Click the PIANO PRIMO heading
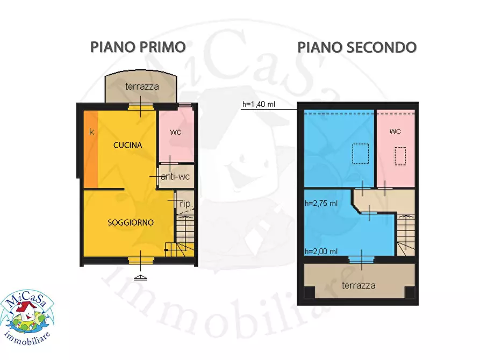[x=138, y=47]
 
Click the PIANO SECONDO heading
[x=357, y=47]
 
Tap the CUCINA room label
[x=127, y=145]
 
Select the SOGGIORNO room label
[x=131, y=222]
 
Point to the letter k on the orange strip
[x=91, y=131]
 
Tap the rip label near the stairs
[x=185, y=204]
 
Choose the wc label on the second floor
[x=395, y=131]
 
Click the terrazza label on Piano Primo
[x=142, y=87]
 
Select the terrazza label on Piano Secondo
[x=359, y=285]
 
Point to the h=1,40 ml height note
[x=259, y=105]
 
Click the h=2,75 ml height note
[x=321, y=204]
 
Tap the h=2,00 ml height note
[x=321, y=251]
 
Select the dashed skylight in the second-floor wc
[x=400, y=157]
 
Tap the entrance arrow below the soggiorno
[x=140, y=277]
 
